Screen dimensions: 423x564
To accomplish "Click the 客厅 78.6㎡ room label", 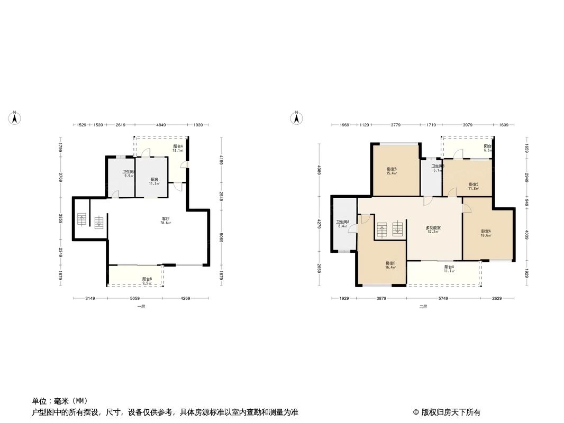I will (166, 221).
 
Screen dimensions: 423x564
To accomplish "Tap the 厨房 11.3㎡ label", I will (154, 181).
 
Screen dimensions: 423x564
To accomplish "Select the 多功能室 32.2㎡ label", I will (433, 229).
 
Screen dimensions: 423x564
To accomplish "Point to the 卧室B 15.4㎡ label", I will (392, 171).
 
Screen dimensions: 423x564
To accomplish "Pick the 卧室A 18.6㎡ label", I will (486, 233).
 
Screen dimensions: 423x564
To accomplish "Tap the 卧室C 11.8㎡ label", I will (474, 187).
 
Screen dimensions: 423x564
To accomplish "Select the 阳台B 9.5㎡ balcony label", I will (147, 281).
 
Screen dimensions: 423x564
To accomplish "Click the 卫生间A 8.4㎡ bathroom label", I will (342, 224).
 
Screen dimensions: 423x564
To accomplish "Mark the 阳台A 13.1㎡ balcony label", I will (178, 148).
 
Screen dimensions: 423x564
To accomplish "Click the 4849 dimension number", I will (161, 125).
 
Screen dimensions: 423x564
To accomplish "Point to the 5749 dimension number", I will (443, 299).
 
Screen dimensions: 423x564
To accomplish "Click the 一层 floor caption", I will (141, 307).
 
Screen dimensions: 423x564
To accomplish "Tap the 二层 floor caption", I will (423, 307).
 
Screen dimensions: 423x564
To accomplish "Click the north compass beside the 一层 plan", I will (16, 118).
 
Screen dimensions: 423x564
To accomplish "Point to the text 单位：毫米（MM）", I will (59, 401).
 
